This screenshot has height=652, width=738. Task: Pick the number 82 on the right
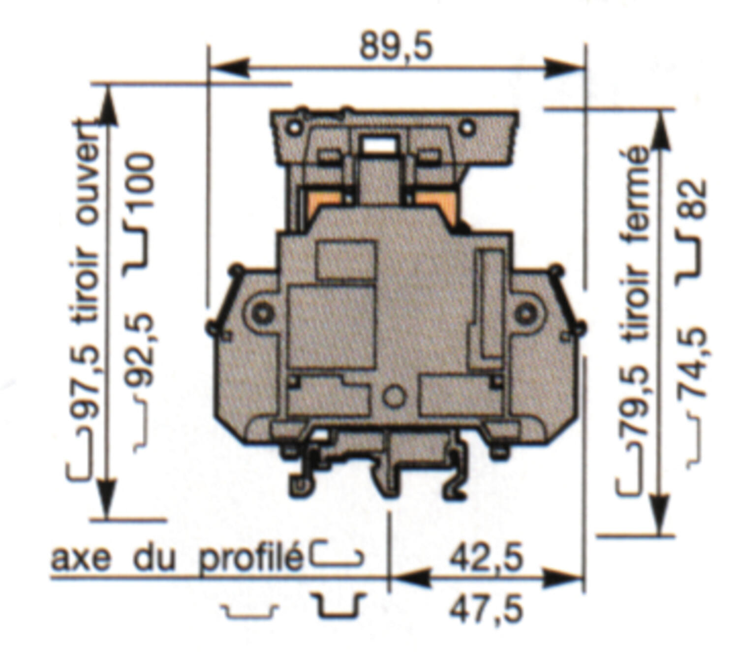[693, 199]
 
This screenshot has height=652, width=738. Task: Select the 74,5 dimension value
[693, 363]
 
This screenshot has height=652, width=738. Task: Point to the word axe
[81, 559]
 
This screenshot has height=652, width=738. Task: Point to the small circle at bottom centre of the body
[394, 397]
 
